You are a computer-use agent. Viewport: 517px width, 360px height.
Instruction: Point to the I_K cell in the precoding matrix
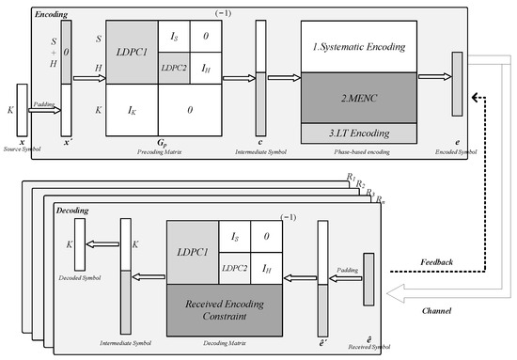point(133,111)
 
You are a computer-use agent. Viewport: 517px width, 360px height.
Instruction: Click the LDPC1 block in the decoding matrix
point(192,253)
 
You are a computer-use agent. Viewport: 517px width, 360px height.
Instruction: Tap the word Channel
point(448,310)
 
